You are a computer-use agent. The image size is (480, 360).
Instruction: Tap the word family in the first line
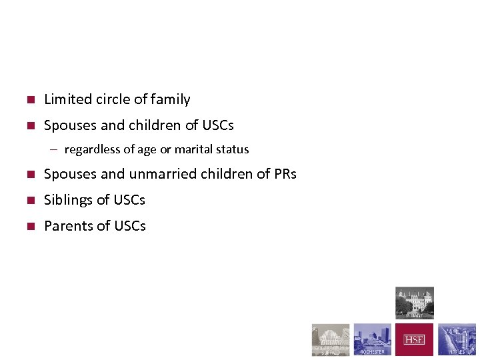coord(170,99)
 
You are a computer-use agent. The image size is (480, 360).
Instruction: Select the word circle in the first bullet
coord(113,99)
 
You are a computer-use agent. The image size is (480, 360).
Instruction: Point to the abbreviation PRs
coord(285,174)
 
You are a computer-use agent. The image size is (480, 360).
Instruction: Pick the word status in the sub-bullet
coord(233,149)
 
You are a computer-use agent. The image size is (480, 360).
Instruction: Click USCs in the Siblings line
coord(129,200)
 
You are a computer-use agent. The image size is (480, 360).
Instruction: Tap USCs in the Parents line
coord(130,226)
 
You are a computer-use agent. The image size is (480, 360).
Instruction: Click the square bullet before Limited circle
coord(30,100)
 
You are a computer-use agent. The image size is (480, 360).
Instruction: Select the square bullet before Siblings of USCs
coord(30,201)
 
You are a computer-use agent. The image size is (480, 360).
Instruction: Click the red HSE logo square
coord(414,340)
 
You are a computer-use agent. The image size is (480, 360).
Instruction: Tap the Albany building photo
coord(414,303)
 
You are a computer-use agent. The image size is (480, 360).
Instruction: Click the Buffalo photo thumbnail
coord(331,340)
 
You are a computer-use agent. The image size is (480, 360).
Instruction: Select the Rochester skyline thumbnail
coord(372,340)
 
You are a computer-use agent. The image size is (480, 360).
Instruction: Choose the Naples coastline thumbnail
coord(457,340)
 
